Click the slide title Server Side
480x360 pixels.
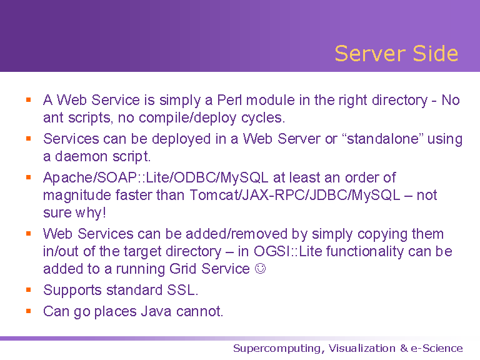[x=396, y=54]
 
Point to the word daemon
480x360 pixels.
[x=81, y=156]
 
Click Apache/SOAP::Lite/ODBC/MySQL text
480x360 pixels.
[x=156, y=178]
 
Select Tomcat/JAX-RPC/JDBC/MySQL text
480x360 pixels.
[x=295, y=195]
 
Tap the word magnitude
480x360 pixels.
[x=77, y=196]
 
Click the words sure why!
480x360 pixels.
[x=75, y=212]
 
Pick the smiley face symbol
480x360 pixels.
[x=261, y=269]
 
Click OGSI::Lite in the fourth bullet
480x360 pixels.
[x=287, y=252]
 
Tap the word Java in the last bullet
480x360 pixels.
[x=156, y=312]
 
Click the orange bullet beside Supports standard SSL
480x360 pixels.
[x=29, y=289]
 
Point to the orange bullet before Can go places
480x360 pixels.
[x=29, y=311]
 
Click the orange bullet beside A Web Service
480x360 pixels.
[x=29, y=99]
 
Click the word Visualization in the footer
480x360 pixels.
[x=362, y=348]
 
